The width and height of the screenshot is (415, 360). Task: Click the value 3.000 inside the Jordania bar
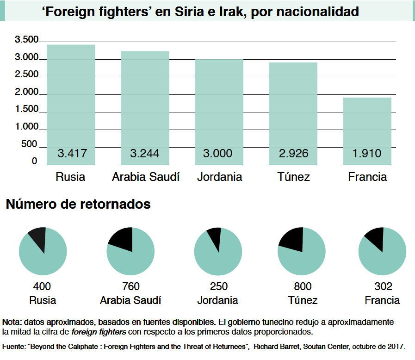[x=218, y=153]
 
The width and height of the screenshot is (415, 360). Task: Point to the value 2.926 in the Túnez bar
[x=293, y=153]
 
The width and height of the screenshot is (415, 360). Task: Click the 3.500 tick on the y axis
[x=26, y=40]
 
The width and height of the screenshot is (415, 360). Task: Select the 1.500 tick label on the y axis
[x=26, y=110]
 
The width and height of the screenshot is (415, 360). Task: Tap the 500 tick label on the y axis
[x=28, y=144]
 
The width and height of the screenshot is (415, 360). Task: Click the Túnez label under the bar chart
[x=294, y=177]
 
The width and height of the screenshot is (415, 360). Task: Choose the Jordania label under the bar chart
[x=219, y=177]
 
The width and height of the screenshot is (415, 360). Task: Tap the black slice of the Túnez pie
[x=291, y=239]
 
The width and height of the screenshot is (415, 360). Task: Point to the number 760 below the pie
[x=130, y=286]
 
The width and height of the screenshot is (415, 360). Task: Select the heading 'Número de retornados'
[x=78, y=204]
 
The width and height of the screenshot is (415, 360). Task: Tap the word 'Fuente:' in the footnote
[x=14, y=346]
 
